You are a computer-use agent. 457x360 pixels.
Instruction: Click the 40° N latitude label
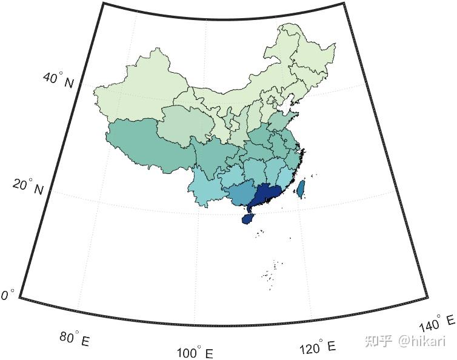[58, 79]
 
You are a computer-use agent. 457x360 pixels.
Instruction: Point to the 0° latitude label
[7, 295]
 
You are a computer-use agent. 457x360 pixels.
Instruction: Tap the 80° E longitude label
[75, 338]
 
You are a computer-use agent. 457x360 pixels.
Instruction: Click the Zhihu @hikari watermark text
[414, 341]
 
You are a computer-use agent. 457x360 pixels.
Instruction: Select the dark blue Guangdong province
[267, 194]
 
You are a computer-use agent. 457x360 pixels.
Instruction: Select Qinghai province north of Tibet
[182, 124]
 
